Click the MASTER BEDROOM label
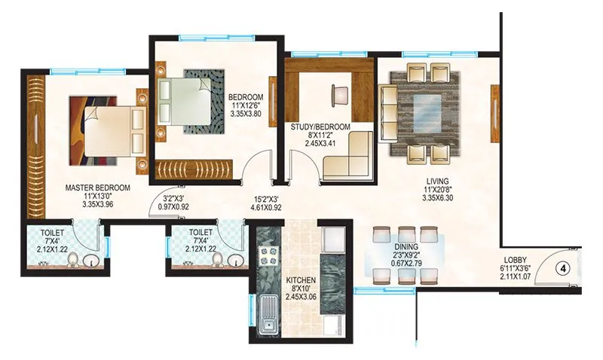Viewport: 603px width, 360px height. pos(97,188)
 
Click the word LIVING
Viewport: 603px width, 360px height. pos(436,181)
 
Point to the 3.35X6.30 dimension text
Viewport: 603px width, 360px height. pos(436,199)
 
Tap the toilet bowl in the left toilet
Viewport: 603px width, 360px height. pos(73,261)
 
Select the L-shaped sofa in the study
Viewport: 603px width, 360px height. pos(347,157)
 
